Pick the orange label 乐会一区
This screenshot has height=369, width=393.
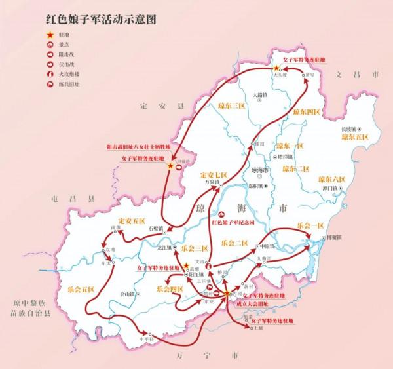click(x=310, y=225)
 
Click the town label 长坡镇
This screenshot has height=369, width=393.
click(x=352, y=128)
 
